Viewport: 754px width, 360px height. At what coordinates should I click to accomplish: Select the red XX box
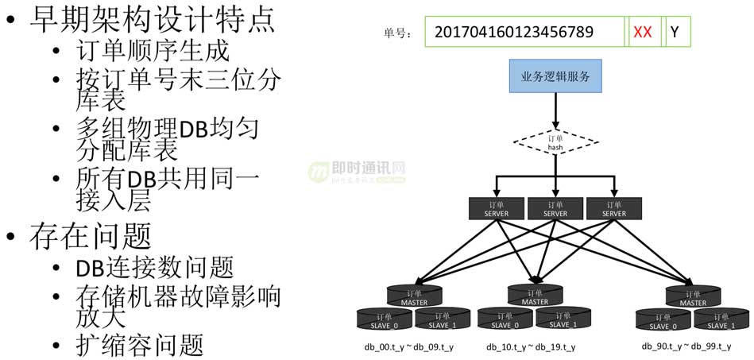coord(642,33)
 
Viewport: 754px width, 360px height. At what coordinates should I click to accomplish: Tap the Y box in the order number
coord(675,33)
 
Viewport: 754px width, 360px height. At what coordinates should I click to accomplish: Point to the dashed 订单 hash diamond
coord(555,143)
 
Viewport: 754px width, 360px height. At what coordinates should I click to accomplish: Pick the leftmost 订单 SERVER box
coord(497,208)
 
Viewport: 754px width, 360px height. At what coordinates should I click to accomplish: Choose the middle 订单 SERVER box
coord(555,208)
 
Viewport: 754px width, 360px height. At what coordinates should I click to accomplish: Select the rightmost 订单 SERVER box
coord(614,208)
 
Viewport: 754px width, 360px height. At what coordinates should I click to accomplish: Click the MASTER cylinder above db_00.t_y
coord(413,296)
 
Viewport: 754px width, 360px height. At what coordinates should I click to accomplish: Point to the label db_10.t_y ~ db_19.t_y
coord(531,347)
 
